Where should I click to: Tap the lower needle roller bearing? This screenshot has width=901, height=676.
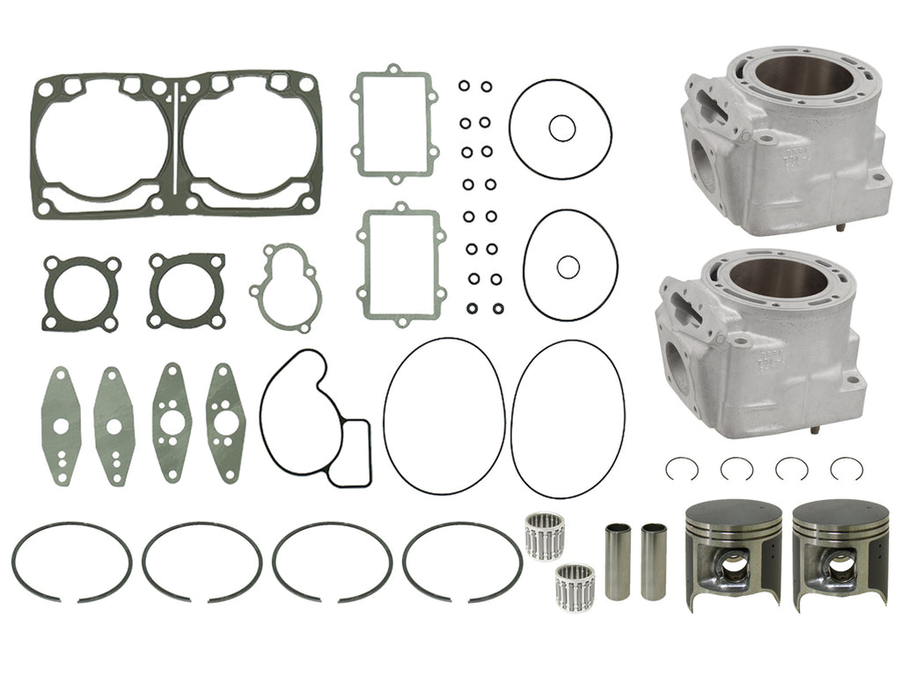pyautogui.click(x=575, y=586)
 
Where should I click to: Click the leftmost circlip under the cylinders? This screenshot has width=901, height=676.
pyautogui.click(x=682, y=469)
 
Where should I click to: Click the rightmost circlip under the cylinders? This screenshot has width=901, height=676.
pyautogui.click(x=846, y=469)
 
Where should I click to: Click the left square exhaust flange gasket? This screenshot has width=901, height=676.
pyautogui.click(x=81, y=293)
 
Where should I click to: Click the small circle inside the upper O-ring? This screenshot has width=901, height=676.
pyautogui.click(x=561, y=129)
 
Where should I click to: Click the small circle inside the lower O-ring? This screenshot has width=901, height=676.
pyautogui.click(x=568, y=266)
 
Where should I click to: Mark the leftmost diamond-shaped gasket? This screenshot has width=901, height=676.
pyautogui.click(x=61, y=426)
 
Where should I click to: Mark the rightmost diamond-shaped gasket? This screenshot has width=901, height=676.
pyautogui.click(x=224, y=422)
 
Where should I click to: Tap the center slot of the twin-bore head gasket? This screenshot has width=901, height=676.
pyautogui.click(x=176, y=141)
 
